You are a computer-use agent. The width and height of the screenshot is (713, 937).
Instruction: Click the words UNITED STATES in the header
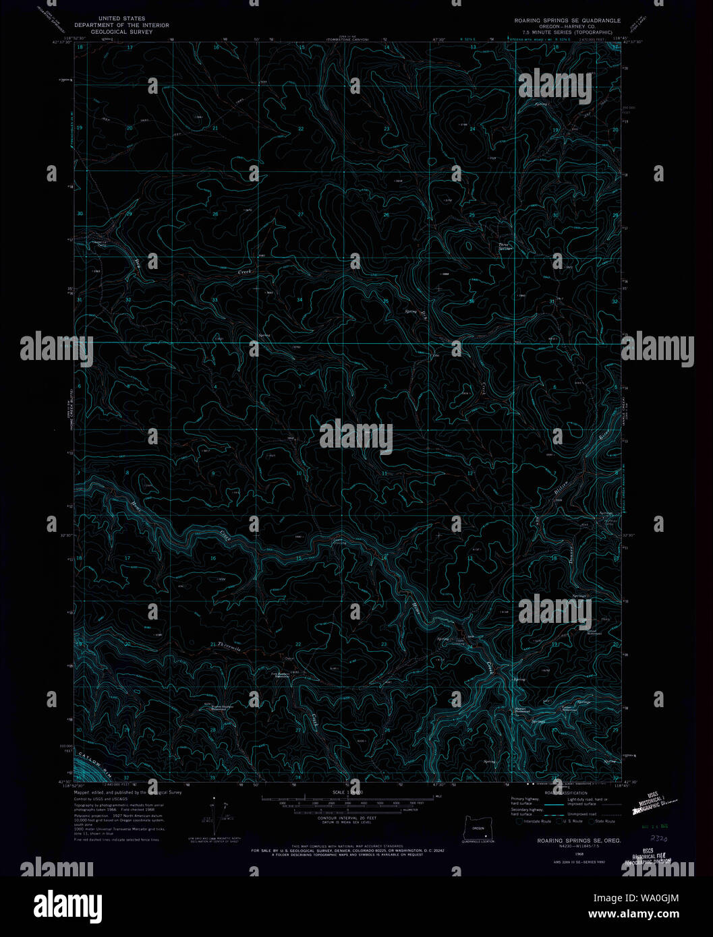[121, 19]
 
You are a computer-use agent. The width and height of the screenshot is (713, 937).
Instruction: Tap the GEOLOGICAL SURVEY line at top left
[121, 31]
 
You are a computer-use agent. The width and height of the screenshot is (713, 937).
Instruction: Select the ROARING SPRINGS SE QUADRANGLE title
[567, 21]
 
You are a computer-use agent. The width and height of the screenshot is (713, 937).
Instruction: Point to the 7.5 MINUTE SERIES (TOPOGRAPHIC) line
[568, 32]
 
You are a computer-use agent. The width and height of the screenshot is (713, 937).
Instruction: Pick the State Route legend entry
[604, 821]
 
